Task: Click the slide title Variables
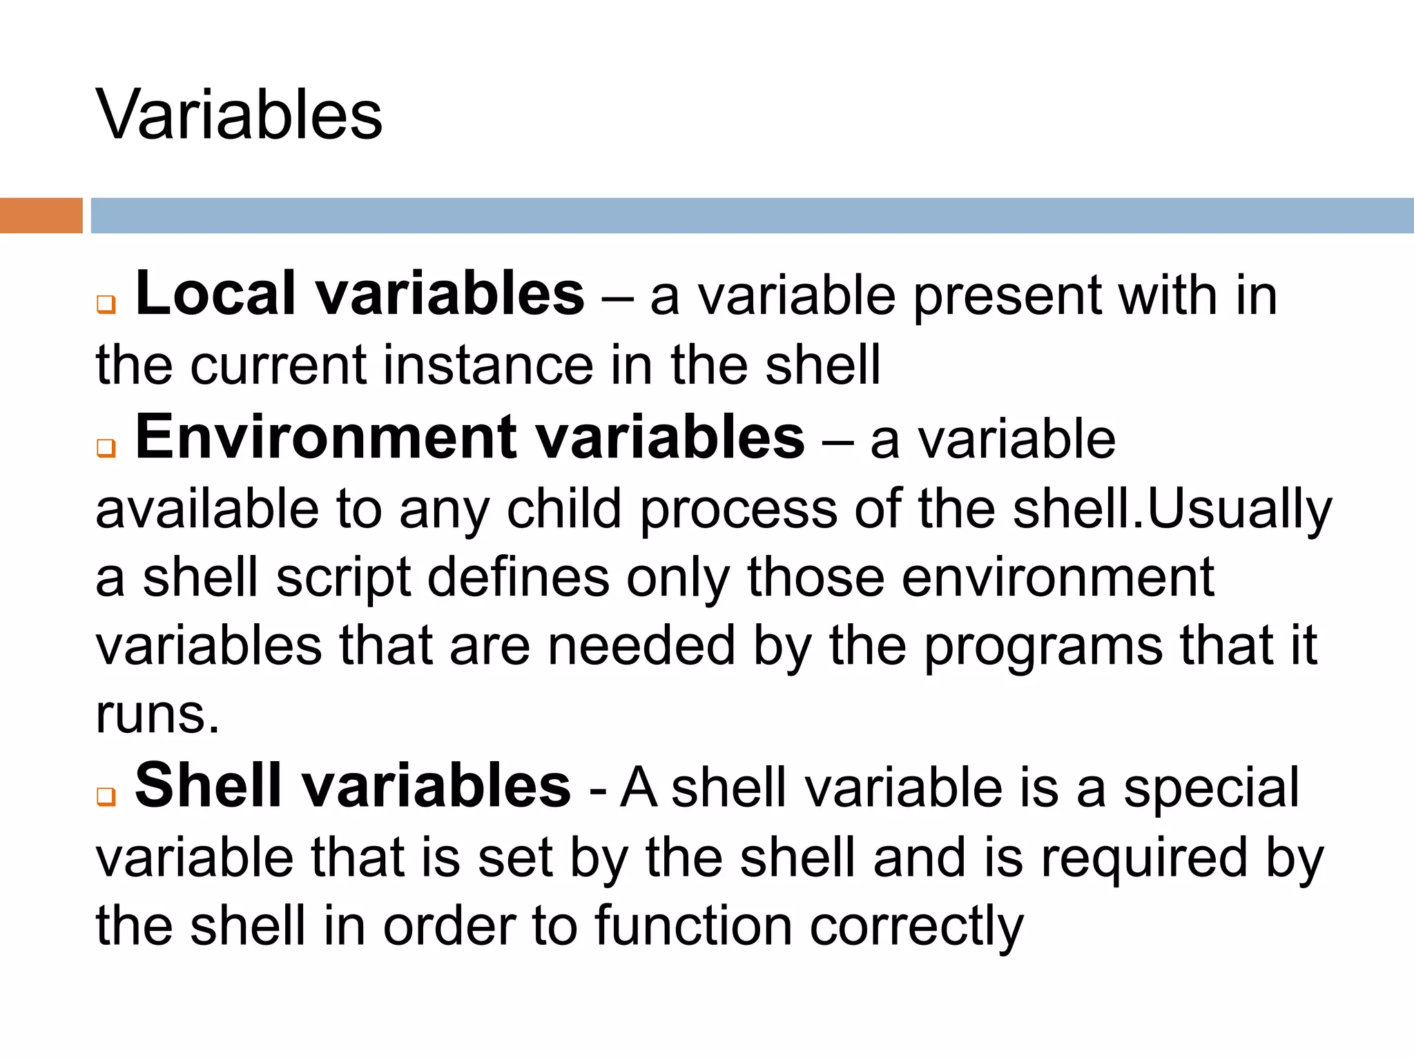239,115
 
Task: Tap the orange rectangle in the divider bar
41,215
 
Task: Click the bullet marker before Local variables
106,304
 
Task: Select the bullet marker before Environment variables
106,448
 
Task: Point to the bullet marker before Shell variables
106,796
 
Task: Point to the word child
564,509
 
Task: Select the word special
1211,789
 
